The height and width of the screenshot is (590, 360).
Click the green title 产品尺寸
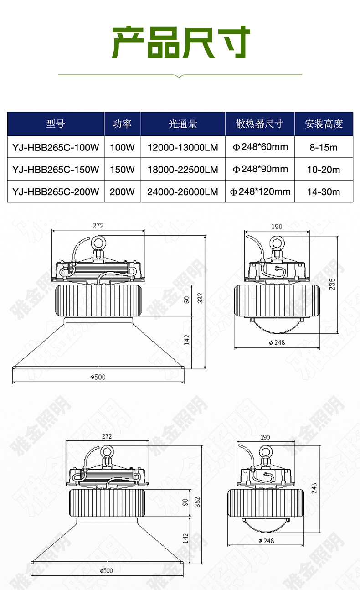[x=180, y=42]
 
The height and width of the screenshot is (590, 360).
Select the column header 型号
[x=56, y=124]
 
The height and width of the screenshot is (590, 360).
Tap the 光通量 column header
[x=183, y=124]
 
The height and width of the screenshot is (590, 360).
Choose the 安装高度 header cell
[x=324, y=124]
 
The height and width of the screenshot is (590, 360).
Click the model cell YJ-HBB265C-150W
[x=56, y=169]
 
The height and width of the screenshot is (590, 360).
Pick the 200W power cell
[x=122, y=191]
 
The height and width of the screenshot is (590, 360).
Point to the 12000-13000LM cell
[x=183, y=147]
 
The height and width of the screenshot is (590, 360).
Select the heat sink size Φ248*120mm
[x=260, y=191]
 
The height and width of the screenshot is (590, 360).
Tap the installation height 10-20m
[x=324, y=170]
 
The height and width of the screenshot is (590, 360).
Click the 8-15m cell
[x=324, y=148]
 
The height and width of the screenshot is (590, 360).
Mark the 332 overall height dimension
[x=200, y=298]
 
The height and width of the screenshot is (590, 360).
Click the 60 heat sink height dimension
[x=186, y=300]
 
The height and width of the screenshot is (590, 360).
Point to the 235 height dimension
[x=332, y=284]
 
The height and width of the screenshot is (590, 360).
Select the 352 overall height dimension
[x=197, y=502]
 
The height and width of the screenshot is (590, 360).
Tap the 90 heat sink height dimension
[x=185, y=502]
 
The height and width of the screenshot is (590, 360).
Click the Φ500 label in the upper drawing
[x=98, y=377]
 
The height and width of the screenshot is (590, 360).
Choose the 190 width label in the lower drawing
[x=265, y=437]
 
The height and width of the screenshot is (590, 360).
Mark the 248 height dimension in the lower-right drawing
[x=314, y=488]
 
